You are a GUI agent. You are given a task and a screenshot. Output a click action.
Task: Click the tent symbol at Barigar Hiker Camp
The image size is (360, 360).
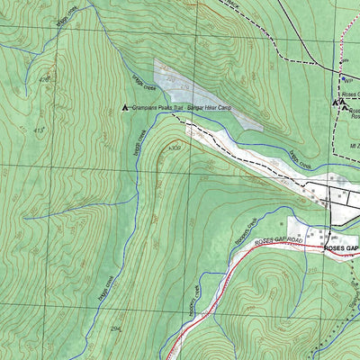pyautogui.click(x=124, y=108)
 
